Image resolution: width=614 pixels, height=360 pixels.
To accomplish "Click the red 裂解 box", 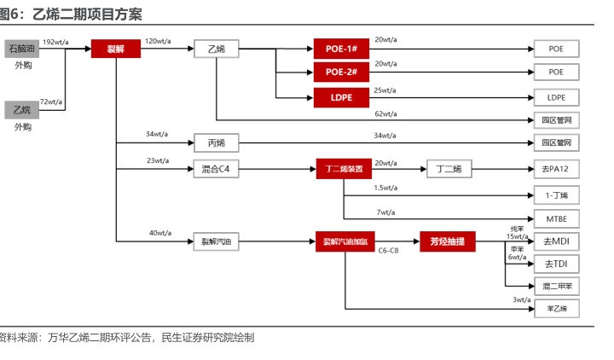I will [116, 49].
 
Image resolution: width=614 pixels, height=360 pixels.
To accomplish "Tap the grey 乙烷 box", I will [22, 110].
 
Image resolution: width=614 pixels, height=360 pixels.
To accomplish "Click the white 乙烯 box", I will [217, 49].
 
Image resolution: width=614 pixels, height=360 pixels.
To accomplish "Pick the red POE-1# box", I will [340, 49].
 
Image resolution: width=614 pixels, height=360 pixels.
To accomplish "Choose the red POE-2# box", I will [340, 73].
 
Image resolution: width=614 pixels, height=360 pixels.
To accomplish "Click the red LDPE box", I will [340, 97].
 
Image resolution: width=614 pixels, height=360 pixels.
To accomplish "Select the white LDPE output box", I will [556, 97].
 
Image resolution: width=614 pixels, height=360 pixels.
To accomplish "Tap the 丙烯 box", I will [217, 142].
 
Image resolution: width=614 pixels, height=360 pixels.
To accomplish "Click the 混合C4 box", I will [217, 169].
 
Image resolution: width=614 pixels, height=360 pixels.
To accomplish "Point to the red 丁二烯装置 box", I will [344, 169].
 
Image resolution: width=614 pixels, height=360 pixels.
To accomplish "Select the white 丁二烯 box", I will [449, 169].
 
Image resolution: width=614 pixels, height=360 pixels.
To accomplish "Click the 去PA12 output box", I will [556, 169].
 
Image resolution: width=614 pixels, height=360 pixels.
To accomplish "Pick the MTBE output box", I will [556, 219].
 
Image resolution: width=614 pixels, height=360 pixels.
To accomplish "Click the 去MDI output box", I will [556, 242].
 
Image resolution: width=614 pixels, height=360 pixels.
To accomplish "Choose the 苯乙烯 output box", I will [556, 308].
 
